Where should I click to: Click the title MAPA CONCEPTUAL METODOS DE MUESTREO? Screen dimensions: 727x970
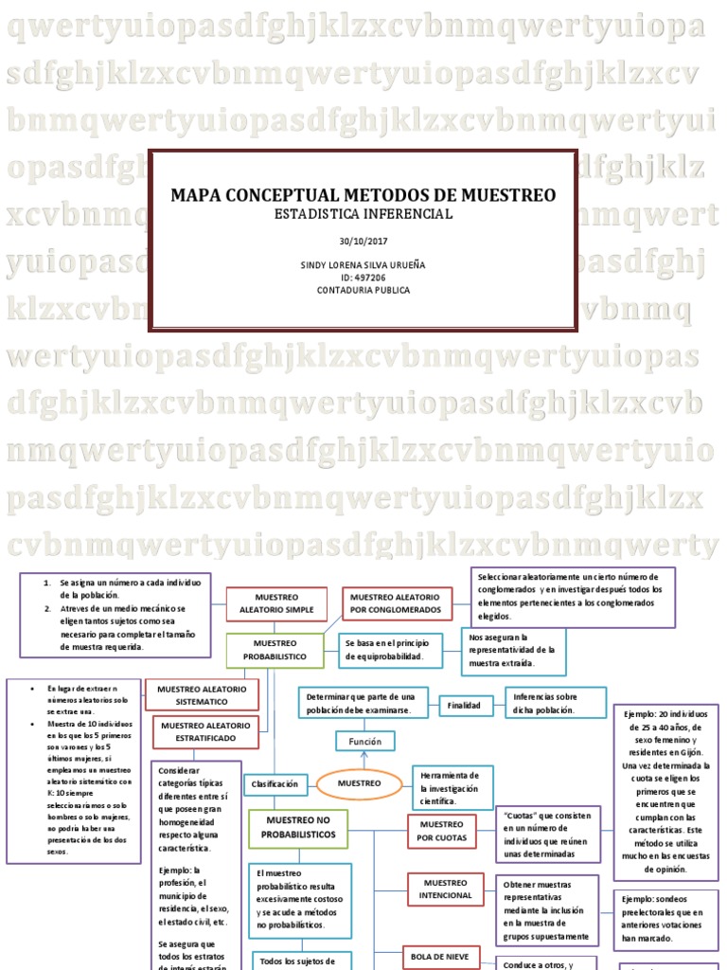pyautogui.click(x=363, y=196)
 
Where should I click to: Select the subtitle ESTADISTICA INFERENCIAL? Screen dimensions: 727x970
pyautogui.click(x=363, y=214)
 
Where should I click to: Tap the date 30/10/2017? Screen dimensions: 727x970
pyautogui.click(x=363, y=242)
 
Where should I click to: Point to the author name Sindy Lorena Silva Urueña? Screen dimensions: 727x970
pyautogui.click(x=363, y=265)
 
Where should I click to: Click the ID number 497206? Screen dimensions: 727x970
pyautogui.click(x=363, y=278)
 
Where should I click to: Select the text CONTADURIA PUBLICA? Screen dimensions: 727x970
pyautogui.click(x=363, y=290)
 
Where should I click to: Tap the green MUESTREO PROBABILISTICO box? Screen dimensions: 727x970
pyautogui.click(x=275, y=650)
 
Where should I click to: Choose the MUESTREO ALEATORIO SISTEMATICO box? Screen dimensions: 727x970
pyautogui.click(x=201, y=694)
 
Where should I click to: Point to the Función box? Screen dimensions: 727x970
pyautogui.click(x=364, y=742)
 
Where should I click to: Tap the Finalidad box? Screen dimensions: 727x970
pyautogui.click(x=464, y=706)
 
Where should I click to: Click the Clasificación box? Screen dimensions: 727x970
pyautogui.click(x=275, y=784)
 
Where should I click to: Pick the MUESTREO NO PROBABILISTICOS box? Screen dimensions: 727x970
pyautogui.click(x=298, y=828)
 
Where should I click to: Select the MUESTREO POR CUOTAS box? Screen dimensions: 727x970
pyautogui.click(x=440, y=832)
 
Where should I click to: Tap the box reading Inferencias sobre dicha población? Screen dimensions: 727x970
pyautogui.click(x=553, y=702)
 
